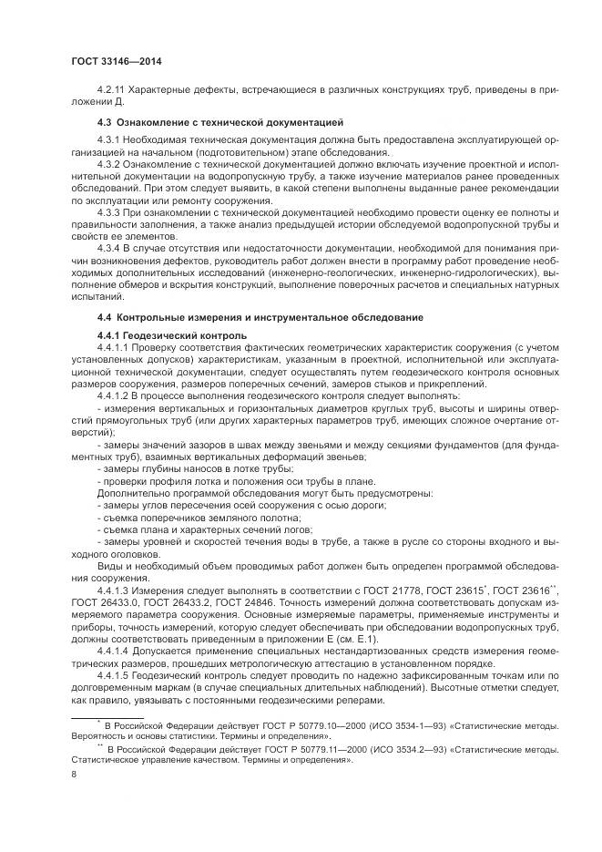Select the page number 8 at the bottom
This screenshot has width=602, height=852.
[x=74, y=774]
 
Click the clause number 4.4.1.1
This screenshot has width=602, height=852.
[x=114, y=348]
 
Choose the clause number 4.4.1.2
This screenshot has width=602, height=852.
[x=114, y=396]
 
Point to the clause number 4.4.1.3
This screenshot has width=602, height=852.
[x=114, y=590]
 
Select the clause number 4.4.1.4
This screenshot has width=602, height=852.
[x=114, y=651]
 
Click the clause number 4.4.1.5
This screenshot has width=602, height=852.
[x=114, y=675]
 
